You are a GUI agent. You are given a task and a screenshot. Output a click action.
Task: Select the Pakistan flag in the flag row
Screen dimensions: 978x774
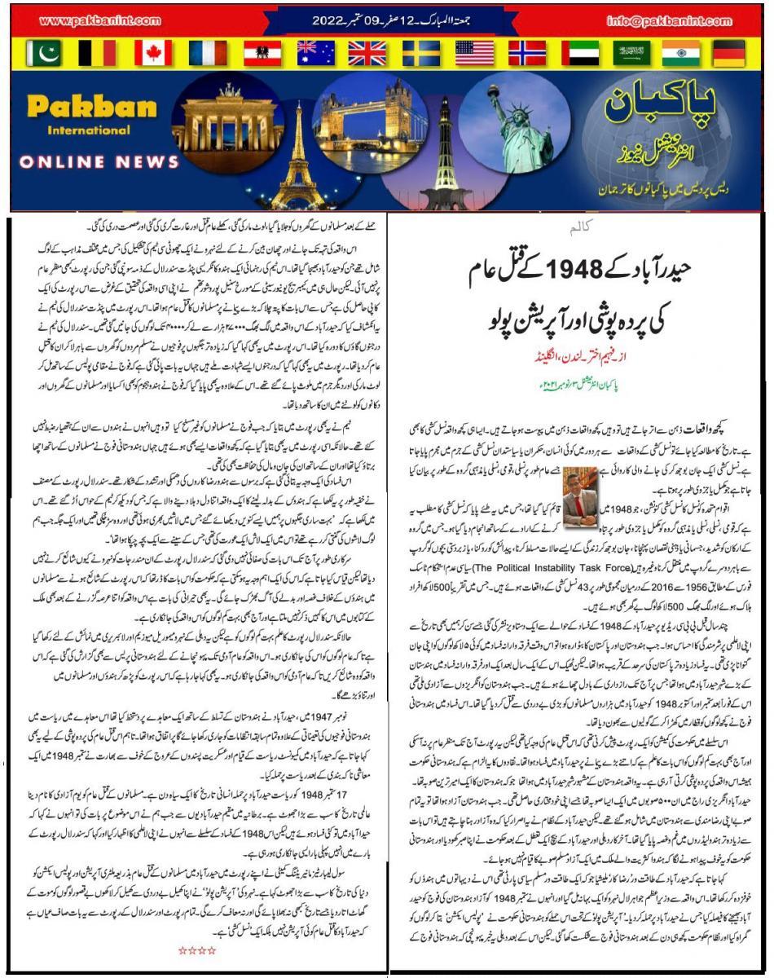[44, 53]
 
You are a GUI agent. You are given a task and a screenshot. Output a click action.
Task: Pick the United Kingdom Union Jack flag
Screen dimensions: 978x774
[367, 53]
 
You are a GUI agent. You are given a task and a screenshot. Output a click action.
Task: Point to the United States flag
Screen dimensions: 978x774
[474, 53]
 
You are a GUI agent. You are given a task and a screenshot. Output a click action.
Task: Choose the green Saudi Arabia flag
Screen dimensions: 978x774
[629, 53]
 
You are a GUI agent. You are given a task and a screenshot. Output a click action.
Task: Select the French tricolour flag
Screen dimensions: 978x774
[207, 53]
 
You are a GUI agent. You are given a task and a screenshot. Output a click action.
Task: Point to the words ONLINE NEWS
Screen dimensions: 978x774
[88, 162]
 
